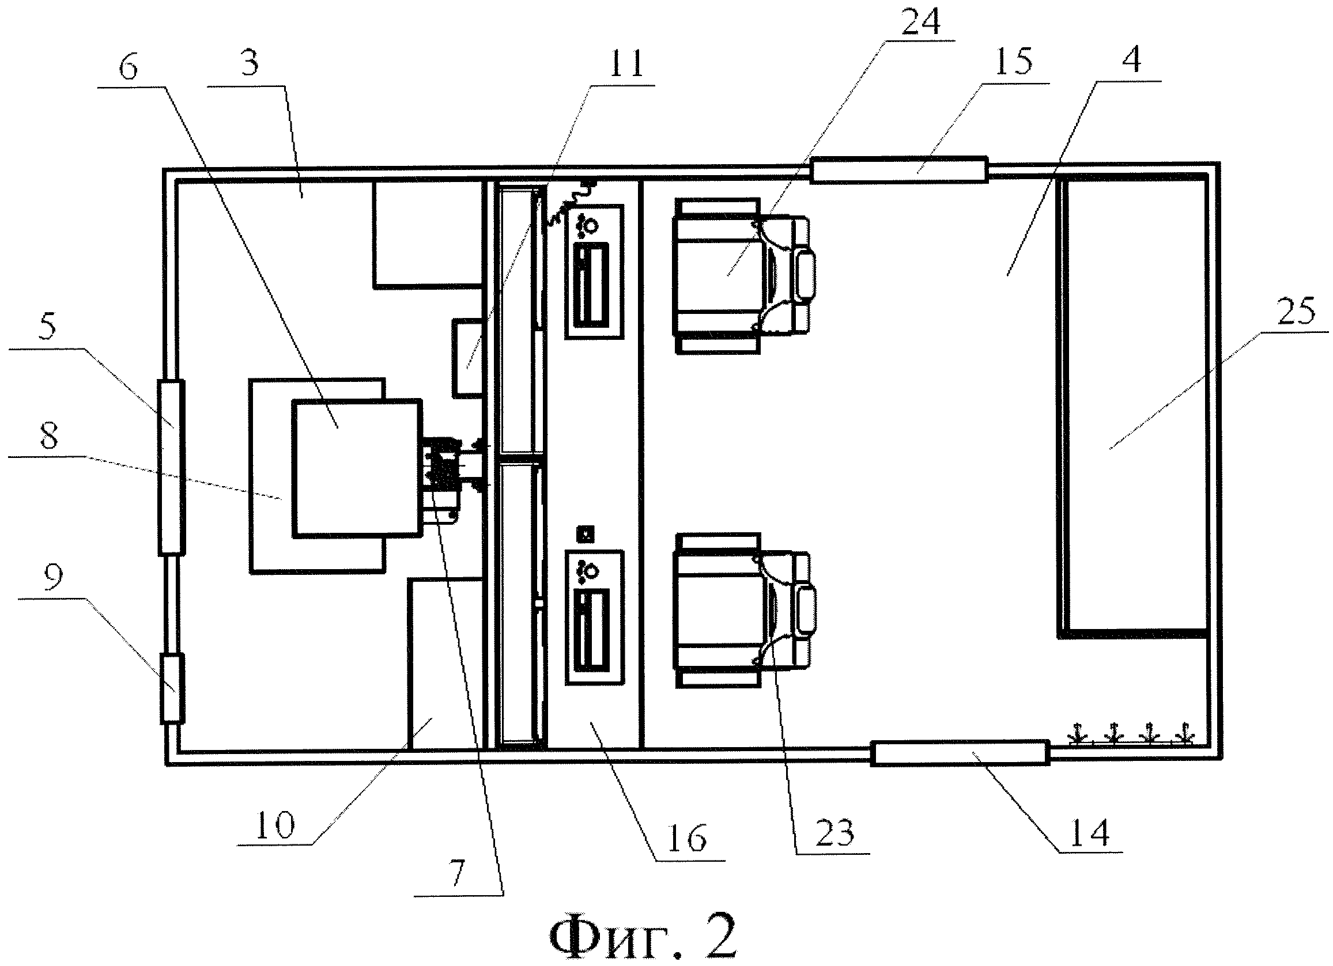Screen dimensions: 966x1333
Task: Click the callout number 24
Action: pos(920,22)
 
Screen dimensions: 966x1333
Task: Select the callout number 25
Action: pos(1297,312)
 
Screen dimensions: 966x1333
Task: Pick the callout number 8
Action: pos(49,436)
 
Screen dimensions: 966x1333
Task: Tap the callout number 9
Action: pos(53,578)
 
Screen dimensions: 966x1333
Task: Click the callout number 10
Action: pos(275,824)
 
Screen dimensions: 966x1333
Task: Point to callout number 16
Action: pos(688,839)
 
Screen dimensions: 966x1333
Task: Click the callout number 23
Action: pos(835,832)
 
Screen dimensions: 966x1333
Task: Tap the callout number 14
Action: pos(1090,832)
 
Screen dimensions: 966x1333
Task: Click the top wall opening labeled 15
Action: pos(898,171)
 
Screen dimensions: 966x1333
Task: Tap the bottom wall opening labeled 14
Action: pos(960,753)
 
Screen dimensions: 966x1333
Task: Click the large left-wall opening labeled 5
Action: pos(171,467)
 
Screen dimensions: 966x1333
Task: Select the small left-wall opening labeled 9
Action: pos(172,688)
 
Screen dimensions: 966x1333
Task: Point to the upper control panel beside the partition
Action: pos(594,271)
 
